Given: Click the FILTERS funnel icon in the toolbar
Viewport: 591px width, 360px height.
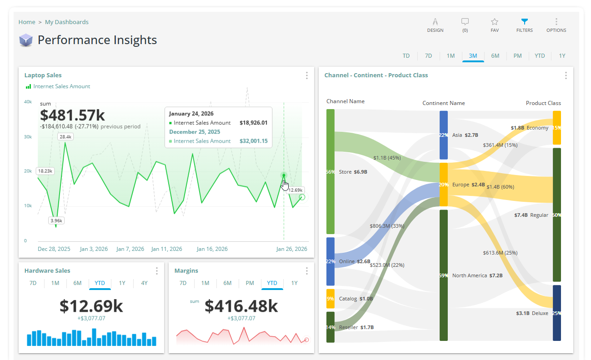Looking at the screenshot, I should click(524, 22).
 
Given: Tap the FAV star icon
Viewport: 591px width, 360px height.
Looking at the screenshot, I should click(495, 22).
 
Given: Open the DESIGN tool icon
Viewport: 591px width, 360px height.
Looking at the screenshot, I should click(435, 22).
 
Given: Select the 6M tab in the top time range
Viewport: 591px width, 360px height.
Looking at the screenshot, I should click(495, 56).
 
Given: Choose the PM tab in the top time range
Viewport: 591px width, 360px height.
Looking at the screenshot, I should click(517, 56).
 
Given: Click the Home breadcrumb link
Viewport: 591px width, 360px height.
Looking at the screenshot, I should click(27, 22).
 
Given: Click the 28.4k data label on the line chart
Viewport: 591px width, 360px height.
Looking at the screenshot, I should click(65, 136).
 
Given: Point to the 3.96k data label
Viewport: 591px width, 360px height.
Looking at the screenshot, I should click(57, 221).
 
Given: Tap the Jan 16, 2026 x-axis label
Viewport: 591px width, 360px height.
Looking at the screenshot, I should click(212, 249).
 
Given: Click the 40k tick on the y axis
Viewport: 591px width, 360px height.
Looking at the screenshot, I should click(28, 102).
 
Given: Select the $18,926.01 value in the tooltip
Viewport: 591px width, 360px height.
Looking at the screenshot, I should click(253, 123).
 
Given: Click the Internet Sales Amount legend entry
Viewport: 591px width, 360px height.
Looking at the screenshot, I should click(61, 86).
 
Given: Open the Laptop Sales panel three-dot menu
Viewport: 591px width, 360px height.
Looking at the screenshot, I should click(307, 75).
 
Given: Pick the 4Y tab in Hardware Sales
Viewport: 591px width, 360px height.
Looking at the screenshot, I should click(144, 283).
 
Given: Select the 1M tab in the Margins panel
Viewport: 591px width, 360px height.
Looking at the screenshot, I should click(205, 283).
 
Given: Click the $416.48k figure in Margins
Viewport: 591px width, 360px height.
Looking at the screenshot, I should click(241, 306).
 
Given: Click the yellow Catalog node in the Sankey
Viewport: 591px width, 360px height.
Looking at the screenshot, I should click(331, 299).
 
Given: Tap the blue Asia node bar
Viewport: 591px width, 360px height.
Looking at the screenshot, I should click(444, 135).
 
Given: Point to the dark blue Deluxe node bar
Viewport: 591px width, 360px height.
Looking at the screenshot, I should click(556, 313).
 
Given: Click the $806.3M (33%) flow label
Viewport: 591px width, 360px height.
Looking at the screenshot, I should click(387, 226).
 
